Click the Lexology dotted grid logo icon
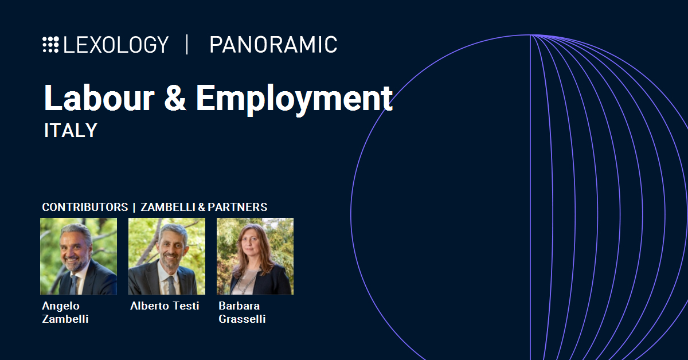50,45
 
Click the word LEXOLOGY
116,45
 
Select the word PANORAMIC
273,45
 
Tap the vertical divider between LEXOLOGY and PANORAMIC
187,45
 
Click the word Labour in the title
99,97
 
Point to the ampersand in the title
175,97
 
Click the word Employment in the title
294,100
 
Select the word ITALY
71,130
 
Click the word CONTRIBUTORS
85,207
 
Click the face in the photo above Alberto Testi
171,249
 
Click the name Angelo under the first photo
61,306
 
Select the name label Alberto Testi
165,306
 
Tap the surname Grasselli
242,319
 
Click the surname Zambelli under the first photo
65,319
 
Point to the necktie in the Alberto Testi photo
171,285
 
